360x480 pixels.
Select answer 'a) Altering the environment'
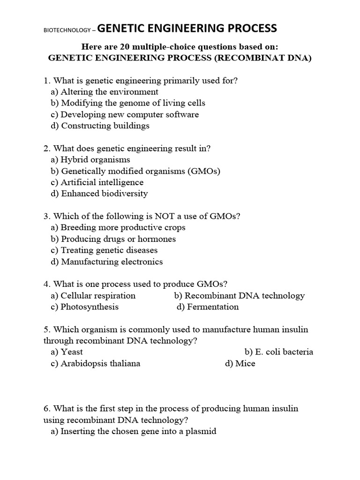(x=104, y=92)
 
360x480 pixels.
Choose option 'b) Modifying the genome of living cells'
(x=127, y=103)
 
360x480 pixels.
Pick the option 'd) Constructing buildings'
(x=100, y=126)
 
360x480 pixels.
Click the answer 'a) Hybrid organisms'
(x=90, y=160)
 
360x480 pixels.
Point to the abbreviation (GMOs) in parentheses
(x=204, y=171)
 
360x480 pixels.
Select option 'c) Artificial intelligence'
(x=97, y=182)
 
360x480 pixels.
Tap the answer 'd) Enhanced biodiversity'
(x=99, y=194)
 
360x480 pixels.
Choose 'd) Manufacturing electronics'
(x=106, y=262)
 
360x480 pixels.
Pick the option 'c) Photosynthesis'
(x=84, y=307)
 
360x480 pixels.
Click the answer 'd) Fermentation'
(x=208, y=307)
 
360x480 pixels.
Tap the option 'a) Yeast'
(x=67, y=352)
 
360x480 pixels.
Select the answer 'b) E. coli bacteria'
(x=278, y=352)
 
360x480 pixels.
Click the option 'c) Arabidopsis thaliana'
(x=95, y=364)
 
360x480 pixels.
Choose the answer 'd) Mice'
(x=240, y=364)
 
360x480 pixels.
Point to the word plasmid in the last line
(x=201, y=431)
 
